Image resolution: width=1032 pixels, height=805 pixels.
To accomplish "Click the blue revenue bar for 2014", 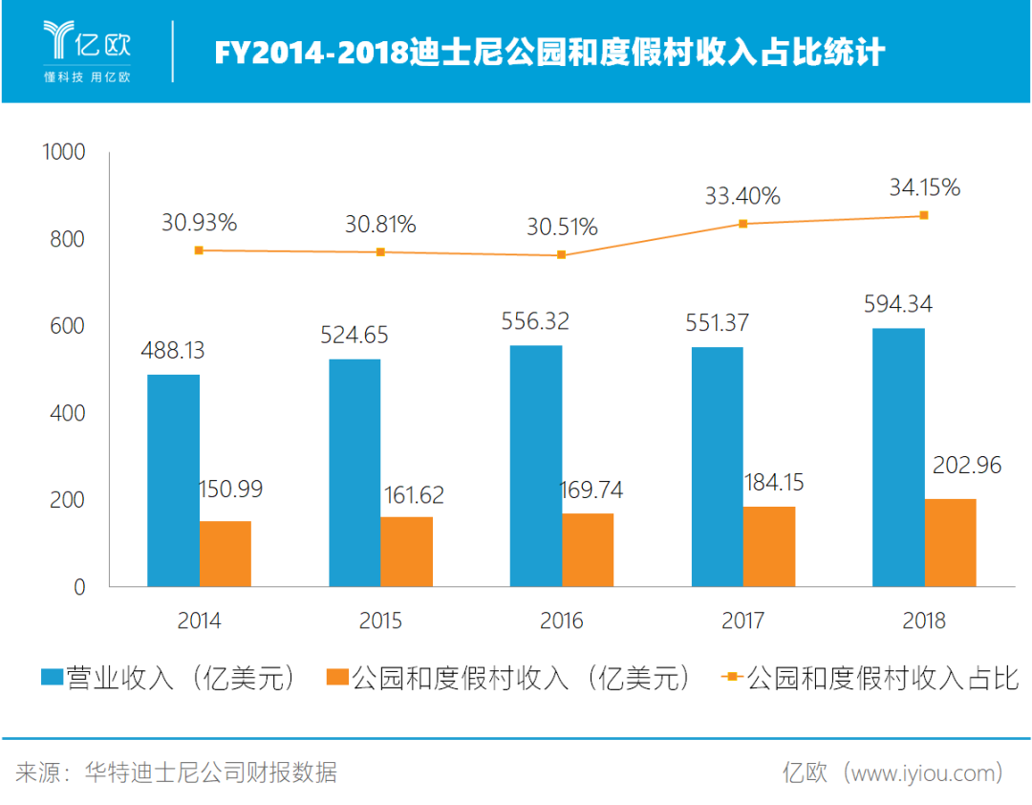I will tap(173, 480).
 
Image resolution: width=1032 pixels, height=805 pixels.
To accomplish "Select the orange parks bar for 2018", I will tap(950, 542).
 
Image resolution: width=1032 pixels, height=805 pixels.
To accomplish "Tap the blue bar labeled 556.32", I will tap(536, 466).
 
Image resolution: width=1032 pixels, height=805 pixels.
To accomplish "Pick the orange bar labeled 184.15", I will tap(769, 546).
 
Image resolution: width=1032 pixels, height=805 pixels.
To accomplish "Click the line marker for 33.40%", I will tap(742, 224).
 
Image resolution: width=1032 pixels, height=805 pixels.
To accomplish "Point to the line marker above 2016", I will tap(561, 255).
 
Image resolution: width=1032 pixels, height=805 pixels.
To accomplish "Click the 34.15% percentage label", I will tap(924, 187).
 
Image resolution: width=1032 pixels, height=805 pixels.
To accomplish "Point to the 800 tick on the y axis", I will tap(66, 239).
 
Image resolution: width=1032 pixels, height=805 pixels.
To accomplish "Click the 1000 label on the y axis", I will tap(62, 152).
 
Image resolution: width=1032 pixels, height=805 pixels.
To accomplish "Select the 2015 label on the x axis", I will tap(380, 620).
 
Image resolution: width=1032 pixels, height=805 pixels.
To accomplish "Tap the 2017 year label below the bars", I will tap(742, 620).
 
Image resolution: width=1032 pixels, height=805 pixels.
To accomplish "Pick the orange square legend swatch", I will tap(336, 678).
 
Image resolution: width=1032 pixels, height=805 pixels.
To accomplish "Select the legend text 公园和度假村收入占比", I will tap(883, 678).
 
